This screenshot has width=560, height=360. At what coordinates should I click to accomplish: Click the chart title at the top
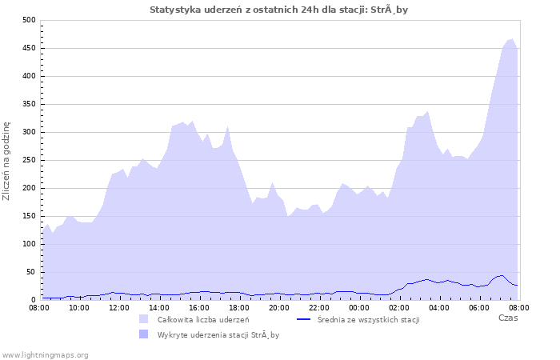point(279,10)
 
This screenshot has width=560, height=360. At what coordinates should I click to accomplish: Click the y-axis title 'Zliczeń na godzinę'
point(7,160)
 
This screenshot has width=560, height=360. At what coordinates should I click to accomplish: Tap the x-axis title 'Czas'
point(507,318)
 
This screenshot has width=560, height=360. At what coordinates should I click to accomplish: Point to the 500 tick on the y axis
point(29,20)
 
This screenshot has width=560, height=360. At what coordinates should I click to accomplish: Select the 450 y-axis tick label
point(29,48)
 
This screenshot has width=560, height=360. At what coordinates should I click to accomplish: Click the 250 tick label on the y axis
point(29,160)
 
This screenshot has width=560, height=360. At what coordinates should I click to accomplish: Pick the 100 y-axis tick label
point(29,244)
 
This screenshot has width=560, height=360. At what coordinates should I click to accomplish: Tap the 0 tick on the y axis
point(33,300)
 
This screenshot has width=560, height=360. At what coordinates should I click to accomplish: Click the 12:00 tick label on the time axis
point(119,307)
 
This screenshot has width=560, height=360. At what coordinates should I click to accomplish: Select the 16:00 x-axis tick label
point(199,307)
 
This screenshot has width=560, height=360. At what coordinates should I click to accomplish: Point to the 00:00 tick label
point(359,307)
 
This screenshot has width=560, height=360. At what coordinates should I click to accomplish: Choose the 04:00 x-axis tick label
point(439,307)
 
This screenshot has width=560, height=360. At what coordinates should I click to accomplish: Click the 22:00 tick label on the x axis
point(319,307)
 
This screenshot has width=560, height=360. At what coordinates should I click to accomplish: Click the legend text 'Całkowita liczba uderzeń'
point(203,320)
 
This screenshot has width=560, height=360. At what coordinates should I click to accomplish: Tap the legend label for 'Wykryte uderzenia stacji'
point(218,335)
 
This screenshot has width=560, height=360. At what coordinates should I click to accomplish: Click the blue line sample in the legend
point(303,319)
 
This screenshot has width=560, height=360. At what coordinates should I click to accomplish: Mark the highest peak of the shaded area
point(511,38)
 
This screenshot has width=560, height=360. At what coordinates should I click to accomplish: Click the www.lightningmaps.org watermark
point(45,354)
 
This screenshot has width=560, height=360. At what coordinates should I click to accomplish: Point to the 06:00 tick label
point(479,307)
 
